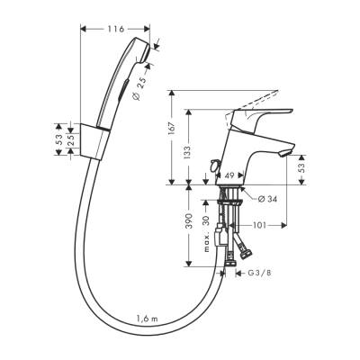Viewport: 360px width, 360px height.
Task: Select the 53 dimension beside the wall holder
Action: coord(60,139)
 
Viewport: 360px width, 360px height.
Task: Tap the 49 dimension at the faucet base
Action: coord(230,176)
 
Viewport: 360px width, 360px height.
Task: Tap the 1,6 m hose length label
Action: coord(148,319)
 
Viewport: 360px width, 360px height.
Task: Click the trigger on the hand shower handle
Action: coord(121,90)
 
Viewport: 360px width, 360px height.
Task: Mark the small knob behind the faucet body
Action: coord(213,166)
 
